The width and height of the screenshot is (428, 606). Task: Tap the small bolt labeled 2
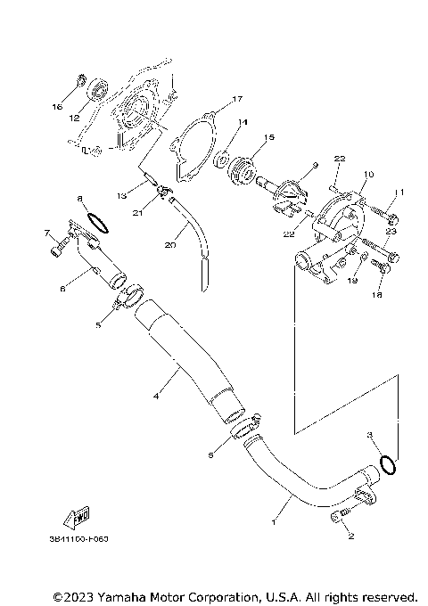click(x=341, y=518)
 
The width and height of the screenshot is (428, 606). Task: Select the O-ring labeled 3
click(x=388, y=463)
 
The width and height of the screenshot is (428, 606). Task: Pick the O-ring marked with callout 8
click(x=95, y=219)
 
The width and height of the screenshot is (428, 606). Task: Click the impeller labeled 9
click(x=290, y=194)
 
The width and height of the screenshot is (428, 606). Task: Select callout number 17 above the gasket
click(x=213, y=99)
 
